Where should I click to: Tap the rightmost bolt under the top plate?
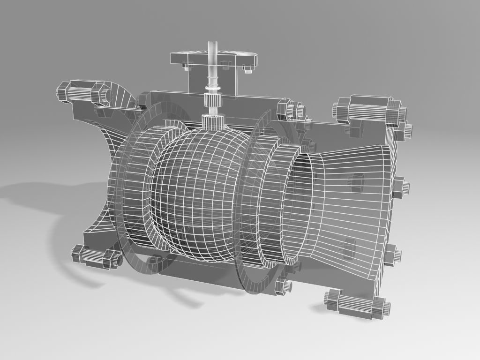click(247, 70)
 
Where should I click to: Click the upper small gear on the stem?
click(214, 89)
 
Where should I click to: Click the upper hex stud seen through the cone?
click(358, 180)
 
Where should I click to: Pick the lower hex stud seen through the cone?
click(350, 248)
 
